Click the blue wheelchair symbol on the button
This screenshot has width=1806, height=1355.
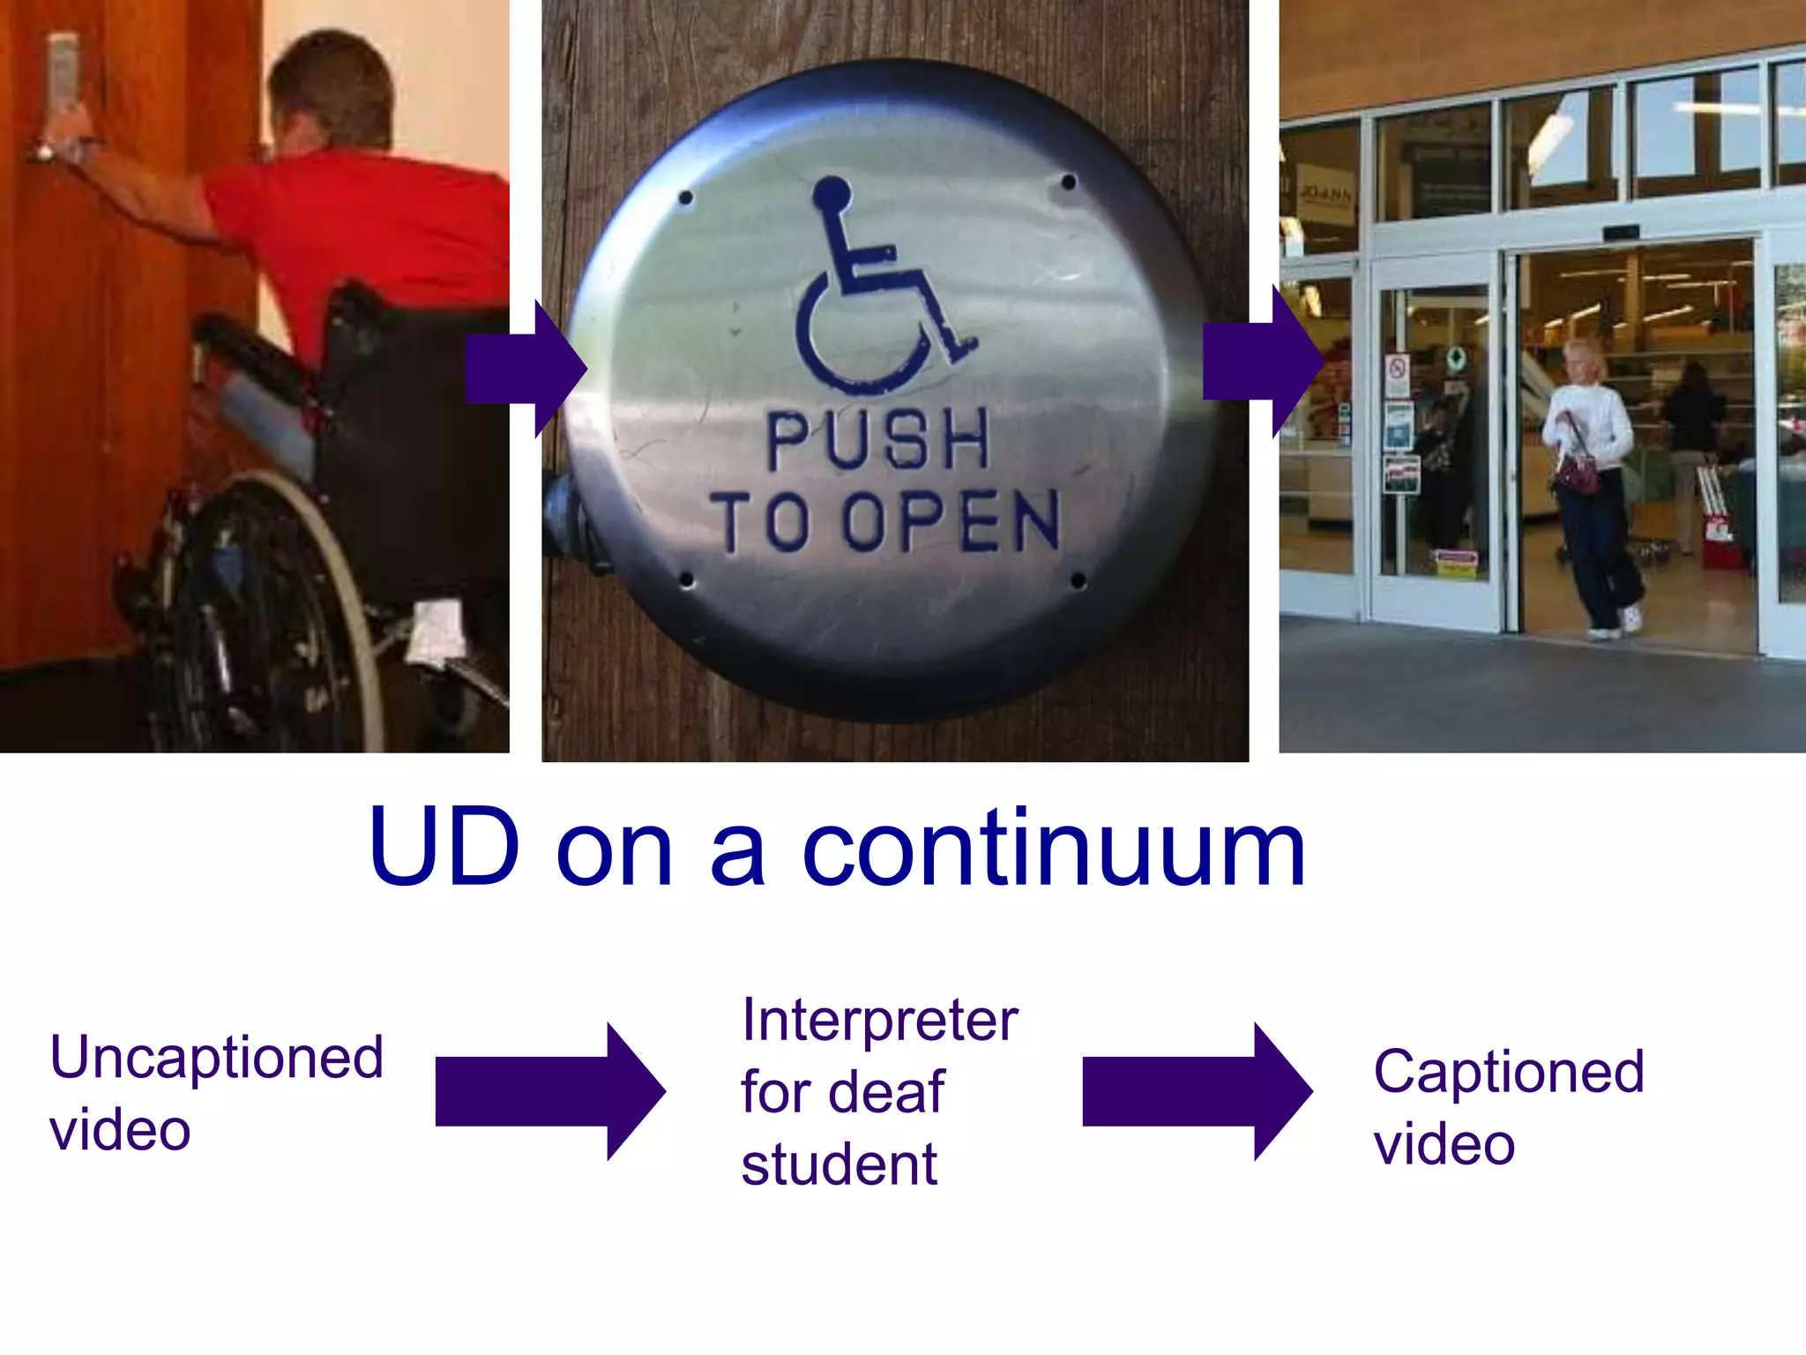[873, 291]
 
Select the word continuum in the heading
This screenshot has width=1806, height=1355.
[1053, 849]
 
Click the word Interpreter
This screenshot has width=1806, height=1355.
[879, 1020]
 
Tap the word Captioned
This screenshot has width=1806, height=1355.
[1508, 1072]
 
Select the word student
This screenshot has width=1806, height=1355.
[839, 1164]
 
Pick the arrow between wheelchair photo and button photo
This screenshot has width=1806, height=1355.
[526, 369]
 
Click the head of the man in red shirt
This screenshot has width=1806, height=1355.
[331, 88]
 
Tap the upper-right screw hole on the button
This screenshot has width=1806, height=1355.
[1068, 183]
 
